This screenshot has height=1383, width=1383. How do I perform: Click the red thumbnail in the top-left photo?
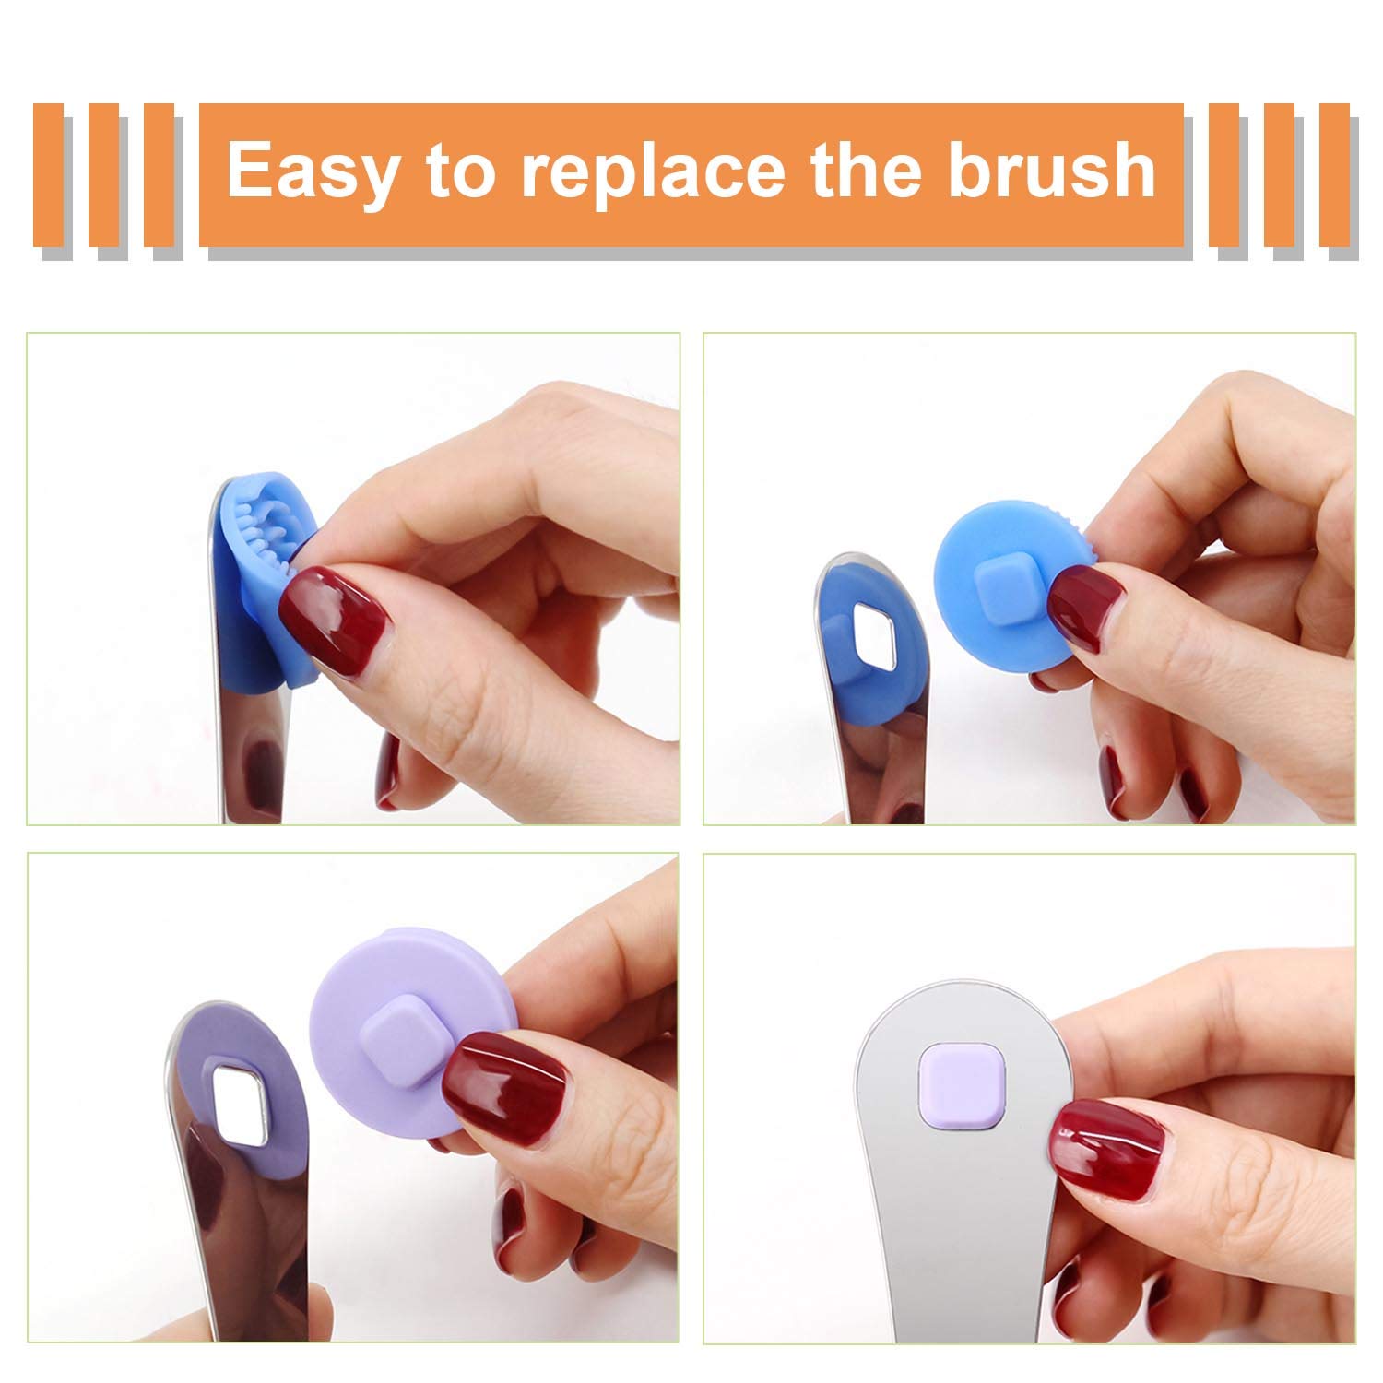tap(337, 612)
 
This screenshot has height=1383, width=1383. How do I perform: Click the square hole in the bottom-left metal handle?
tap(242, 1101)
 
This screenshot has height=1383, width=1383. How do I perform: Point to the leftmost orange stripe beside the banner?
tap(48, 175)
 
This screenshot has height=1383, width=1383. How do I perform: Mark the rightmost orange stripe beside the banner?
tap(1334, 175)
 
